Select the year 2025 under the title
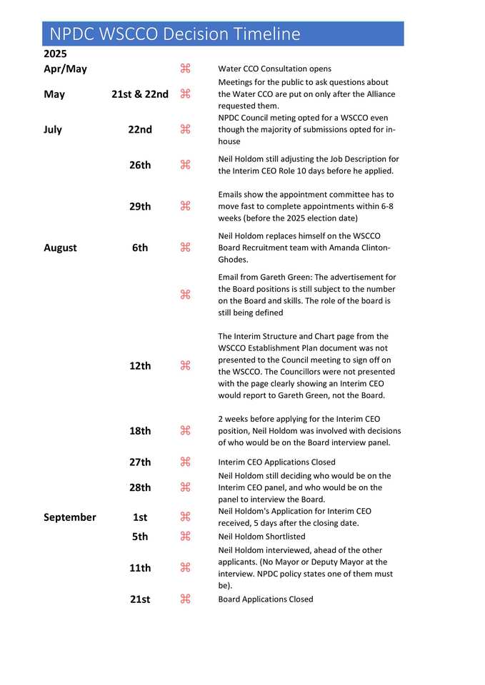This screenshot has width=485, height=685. pyautogui.click(x=55, y=54)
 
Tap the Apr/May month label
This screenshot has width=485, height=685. pyautogui.click(x=65, y=68)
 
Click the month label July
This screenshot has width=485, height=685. pyautogui.click(x=53, y=129)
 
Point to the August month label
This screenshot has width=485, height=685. pyautogui.click(x=60, y=248)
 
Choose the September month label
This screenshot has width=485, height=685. pyautogui.click(x=69, y=517)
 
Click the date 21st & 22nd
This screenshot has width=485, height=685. pyautogui.click(x=140, y=93)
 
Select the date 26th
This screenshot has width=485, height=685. pyautogui.click(x=140, y=165)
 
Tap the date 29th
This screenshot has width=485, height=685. pyautogui.click(x=140, y=206)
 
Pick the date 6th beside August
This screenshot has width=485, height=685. pyautogui.click(x=140, y=248)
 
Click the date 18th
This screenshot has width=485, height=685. pyautogui.click(x=140, y=430)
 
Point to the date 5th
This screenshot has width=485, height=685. pyautogui.click(x=140, y=536)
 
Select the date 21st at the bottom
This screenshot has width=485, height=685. pyautogui.click(x=140, y=599)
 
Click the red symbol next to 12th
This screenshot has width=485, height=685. pyautogui.click(x=185, y=365)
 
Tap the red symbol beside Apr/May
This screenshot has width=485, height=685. pyautogui.click(x=185, y=68)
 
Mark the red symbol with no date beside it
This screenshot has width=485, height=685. pyautogui.click(x=185, y=294)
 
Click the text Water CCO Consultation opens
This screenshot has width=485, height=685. pyautogui.click(x=274, y=69)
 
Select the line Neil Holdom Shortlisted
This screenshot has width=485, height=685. pyautogui.click(x=261, y=537)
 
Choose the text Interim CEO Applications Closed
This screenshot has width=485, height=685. pyautogui.click(x=276, y=462)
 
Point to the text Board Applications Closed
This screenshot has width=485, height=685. pyautogui.click(x=265, y=599)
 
